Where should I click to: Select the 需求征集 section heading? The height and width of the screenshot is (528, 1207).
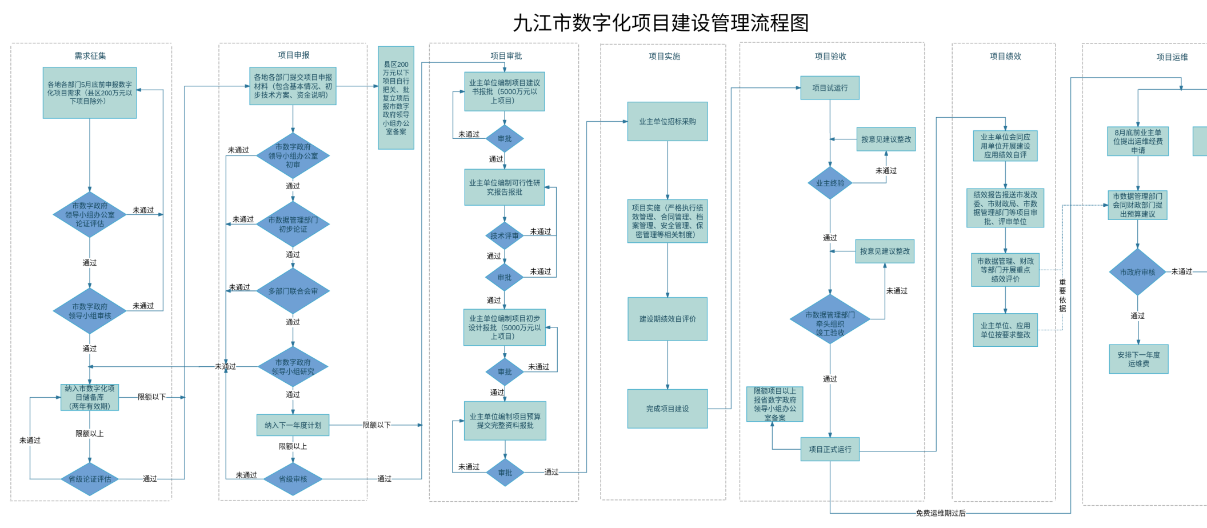point(90,56)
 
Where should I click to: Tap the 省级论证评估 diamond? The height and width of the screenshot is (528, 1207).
point(90,479)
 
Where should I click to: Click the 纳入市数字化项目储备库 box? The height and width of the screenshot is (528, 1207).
point(90,397)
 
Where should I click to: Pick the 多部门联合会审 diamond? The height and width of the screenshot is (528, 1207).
point(293,291)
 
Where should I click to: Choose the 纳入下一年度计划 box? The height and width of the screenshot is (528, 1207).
point(293,425)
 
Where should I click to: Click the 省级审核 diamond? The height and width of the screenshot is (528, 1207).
point(293,479)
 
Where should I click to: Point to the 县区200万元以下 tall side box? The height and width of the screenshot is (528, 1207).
point(396,98)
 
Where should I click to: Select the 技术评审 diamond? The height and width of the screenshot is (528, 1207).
point(504,236)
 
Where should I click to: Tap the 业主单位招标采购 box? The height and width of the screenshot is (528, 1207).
point(667,121)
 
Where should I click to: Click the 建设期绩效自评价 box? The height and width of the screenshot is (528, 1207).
point(667,319)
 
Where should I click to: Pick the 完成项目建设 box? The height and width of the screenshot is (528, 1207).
point(667,409)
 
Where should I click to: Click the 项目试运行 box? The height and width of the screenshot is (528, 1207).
point(830,88)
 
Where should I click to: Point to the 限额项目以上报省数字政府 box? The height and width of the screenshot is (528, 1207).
point(775,404)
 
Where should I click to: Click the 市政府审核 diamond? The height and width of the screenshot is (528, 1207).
point(1137,272)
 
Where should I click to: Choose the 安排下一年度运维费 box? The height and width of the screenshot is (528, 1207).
point(1138,359)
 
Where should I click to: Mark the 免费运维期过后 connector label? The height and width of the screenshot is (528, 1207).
point(940,513)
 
